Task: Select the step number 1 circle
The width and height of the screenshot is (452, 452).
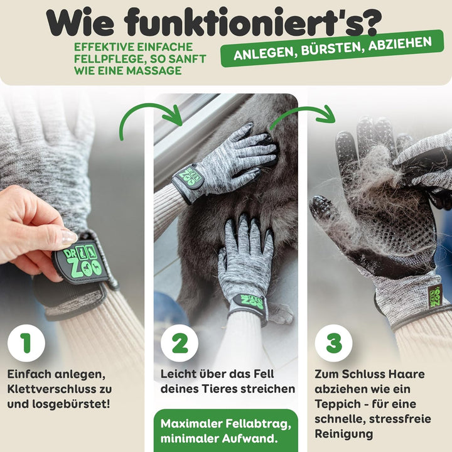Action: (26, 343)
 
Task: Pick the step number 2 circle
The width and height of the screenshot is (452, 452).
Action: (180, 343)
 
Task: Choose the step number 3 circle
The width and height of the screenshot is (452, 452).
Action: (333, 343)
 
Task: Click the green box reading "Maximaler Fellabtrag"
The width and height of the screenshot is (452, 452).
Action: (225, 430)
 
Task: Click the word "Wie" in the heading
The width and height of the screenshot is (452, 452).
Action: (83, 23)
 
